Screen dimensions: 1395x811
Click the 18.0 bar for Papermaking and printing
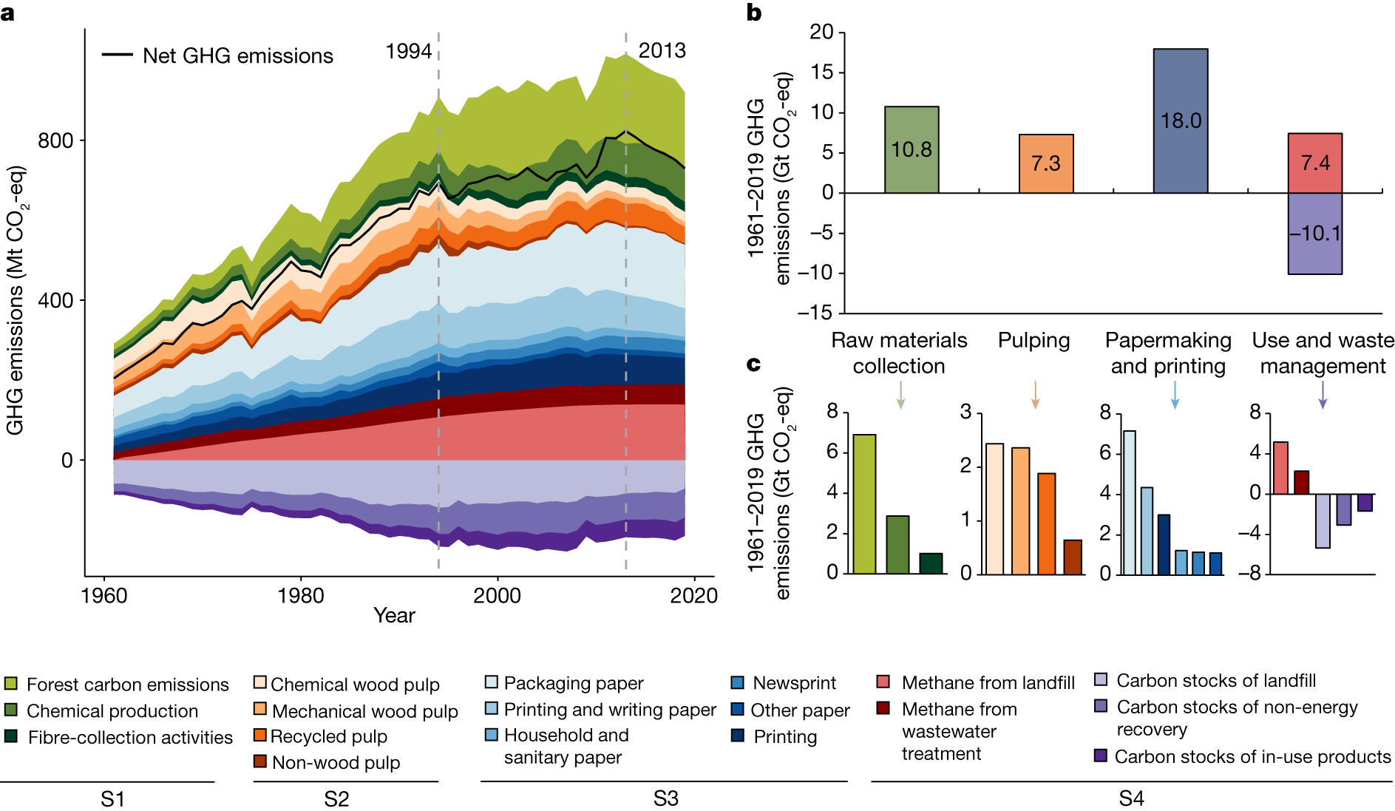(1181, 121)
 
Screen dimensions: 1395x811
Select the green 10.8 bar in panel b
(912, 149)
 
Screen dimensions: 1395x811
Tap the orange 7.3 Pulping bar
(1046, 163)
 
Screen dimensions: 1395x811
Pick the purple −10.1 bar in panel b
(1315, 234)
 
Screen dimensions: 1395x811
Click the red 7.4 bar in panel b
(1315, 163)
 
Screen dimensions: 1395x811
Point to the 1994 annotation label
(409, 51)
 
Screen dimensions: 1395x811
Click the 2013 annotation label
(662, 50)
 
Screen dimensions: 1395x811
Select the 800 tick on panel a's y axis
(55, 140)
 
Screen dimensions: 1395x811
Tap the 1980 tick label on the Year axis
(301, 595)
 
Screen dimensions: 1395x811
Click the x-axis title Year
(394, 615)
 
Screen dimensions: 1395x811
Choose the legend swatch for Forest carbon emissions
(11, 683)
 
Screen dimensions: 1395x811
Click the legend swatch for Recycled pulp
(259, 735)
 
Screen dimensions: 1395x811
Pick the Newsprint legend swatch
(737, 682)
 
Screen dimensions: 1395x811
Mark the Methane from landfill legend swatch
(883, 682)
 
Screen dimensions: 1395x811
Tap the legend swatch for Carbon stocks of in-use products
(1101, 756)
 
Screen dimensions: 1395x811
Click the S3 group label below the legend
(666, 798)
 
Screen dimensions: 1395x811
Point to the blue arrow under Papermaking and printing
(1175, 395)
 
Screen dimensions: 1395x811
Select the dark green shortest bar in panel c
(931, 563)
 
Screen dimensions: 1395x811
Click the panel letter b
(754, 13)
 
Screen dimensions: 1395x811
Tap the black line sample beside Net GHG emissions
(117, 55)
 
